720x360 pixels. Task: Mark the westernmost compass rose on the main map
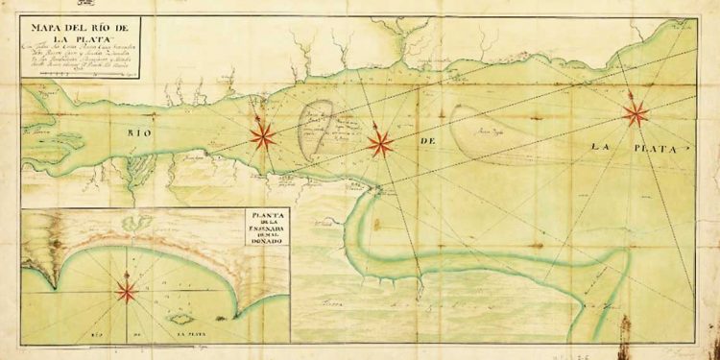263,136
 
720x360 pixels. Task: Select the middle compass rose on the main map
381,144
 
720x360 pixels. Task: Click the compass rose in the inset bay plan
127,288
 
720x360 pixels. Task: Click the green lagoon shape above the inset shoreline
144,223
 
